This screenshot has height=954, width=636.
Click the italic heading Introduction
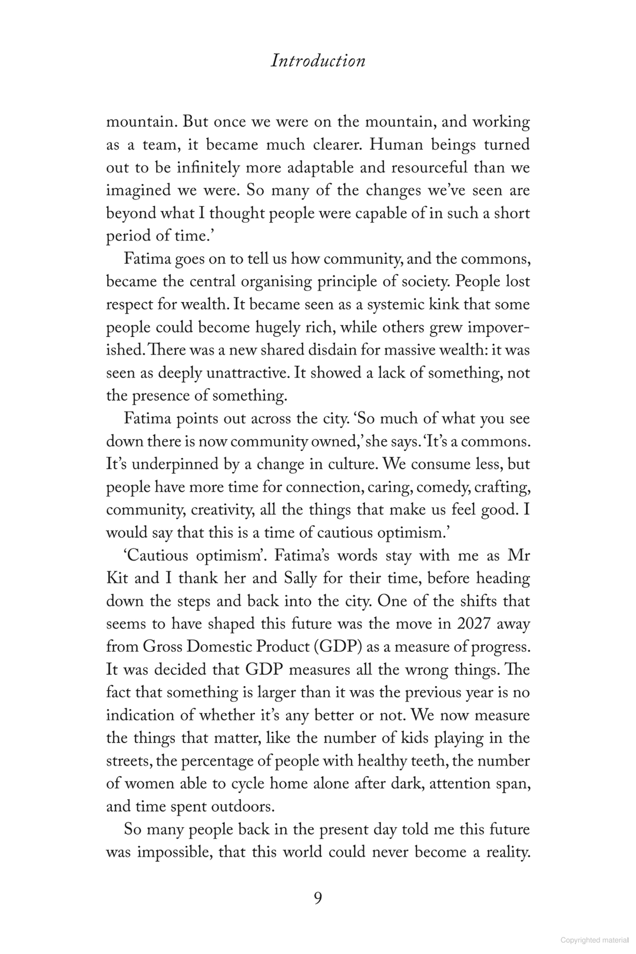[318, 61]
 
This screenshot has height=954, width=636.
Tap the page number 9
[318, 899]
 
